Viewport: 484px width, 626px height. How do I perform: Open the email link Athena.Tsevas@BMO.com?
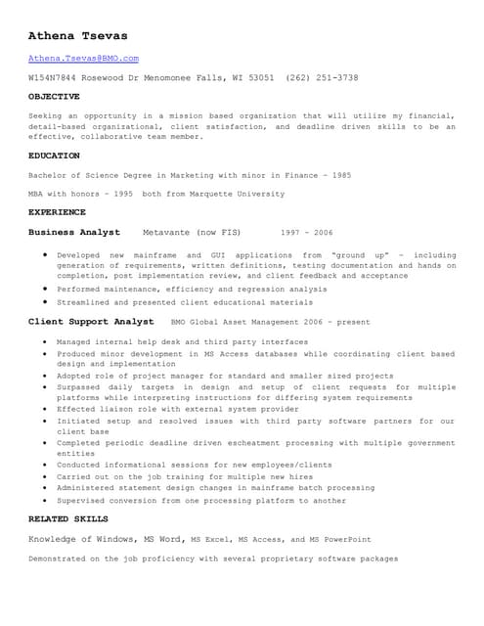[83, 59]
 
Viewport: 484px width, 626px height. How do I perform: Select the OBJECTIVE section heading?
[54, 97]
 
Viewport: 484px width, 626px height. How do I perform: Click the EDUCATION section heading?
[54, 156]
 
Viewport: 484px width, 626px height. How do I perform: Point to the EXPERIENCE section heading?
[57, 212]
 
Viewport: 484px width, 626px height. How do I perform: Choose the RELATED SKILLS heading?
[67, 518]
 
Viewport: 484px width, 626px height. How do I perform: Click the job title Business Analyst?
[74, 233]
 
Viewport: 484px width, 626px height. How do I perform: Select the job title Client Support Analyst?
[91, 322]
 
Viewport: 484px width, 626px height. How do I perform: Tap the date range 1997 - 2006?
[306, 234]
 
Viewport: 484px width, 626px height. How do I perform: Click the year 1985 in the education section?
[341, 175]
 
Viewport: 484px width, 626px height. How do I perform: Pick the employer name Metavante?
[167, 234]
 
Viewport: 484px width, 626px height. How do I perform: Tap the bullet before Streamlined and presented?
[46, 303]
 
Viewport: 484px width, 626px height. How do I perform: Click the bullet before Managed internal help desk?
[46, 342]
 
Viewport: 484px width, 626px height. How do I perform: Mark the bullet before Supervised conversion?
[46, 501]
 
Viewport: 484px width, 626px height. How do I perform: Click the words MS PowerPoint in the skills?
[340, 539]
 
